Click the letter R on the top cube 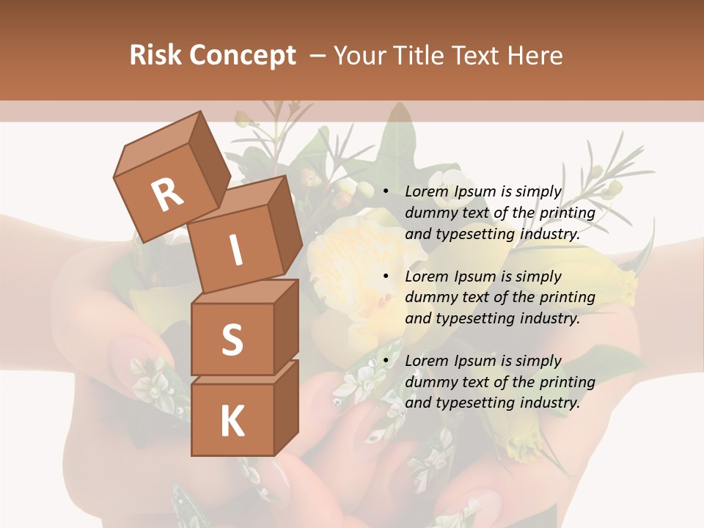167,195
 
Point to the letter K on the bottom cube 232,421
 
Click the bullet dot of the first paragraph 386,191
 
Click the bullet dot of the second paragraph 386,276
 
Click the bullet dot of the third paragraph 386,361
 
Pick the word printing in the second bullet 567,298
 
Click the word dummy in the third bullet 429,382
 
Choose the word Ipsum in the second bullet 476,276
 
